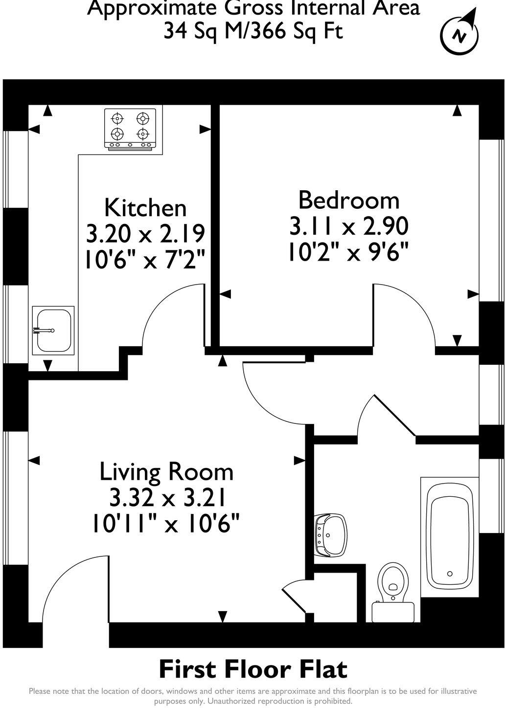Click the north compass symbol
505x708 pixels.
(x=459, y=33)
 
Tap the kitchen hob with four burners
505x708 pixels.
(x=130, y=128)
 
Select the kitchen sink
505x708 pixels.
(x=53, y=331)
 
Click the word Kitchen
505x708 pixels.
(x=145, y=208)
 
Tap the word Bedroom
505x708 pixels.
(x=349, y=200)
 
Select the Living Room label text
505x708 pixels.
(x=166, y=472)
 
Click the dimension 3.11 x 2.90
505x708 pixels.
(x=349, y=226)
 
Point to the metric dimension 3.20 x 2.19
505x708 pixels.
(x=145, y=234)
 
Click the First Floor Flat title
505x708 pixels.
(x=253, y=669)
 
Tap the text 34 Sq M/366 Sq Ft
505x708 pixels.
(x=253, y=31)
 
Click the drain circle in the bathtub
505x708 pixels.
(x=449, y=574)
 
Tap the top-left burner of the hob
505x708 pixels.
(x=117, y=118)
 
